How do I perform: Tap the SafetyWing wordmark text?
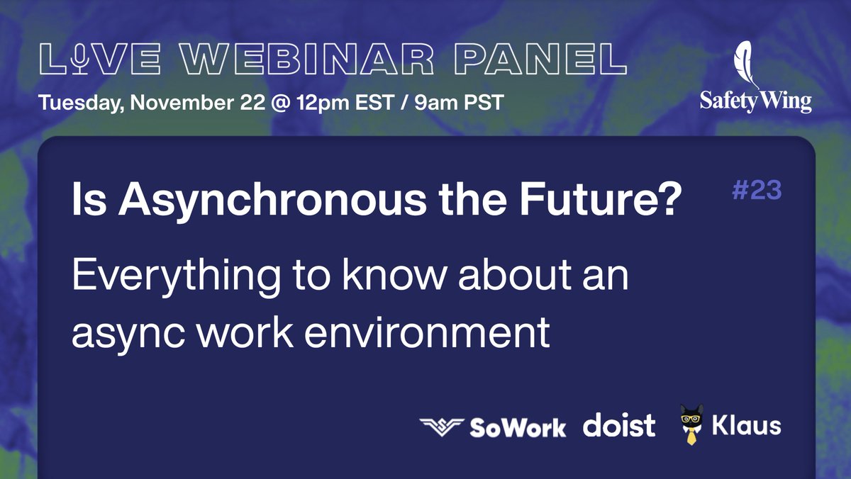pyautogui.click(x=756, y=101)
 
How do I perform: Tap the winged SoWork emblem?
pyautogui.click(x=441, y=427)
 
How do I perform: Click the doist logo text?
pyautogui.click(x=619, y=426)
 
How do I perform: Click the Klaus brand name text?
pyautogui.click(x=747, y=425)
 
